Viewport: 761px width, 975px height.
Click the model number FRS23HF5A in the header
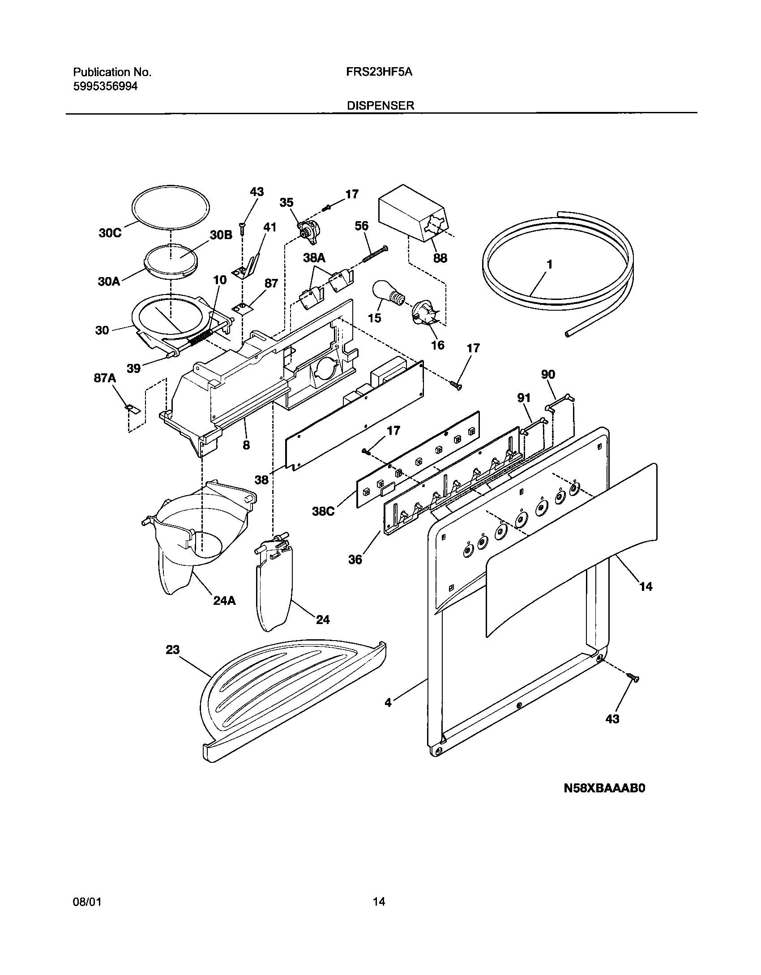379,72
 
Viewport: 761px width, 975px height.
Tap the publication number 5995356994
105,86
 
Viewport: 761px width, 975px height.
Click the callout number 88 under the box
440,258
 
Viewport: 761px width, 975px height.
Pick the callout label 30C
110,233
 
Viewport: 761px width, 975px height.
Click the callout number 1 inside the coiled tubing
549,265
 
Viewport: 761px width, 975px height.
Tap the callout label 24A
224,600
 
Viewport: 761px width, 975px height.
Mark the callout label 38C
323,511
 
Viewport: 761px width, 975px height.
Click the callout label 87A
104,378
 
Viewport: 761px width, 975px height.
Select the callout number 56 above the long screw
362,226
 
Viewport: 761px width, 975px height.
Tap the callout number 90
548,374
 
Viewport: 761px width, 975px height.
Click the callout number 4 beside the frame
388,703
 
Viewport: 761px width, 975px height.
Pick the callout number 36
355,559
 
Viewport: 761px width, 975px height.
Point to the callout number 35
286,203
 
